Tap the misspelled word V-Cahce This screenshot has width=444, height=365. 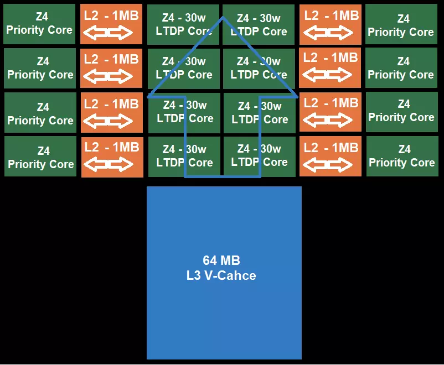tap(232, 275)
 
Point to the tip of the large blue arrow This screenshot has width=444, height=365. tap(223, 17)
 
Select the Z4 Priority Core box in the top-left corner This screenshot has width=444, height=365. tap(39, 24)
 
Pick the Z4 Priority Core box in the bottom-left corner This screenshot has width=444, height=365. tap(40, 157)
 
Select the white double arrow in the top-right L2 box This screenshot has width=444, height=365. tap(331, 34)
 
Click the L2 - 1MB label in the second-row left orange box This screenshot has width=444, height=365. tap(111, 59)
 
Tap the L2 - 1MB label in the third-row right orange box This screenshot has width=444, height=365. tap(331, 102)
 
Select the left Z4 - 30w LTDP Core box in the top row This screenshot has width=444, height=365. tap(184, 24)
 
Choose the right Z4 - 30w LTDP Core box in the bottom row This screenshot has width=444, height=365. tap(259, 155)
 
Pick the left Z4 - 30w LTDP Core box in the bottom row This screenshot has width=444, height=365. tap(184, 155)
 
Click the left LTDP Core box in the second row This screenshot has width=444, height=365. tap(184, 69)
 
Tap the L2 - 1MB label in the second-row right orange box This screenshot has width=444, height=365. tap(331, 57)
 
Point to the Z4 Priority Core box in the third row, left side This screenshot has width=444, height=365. tap(40, 113)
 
